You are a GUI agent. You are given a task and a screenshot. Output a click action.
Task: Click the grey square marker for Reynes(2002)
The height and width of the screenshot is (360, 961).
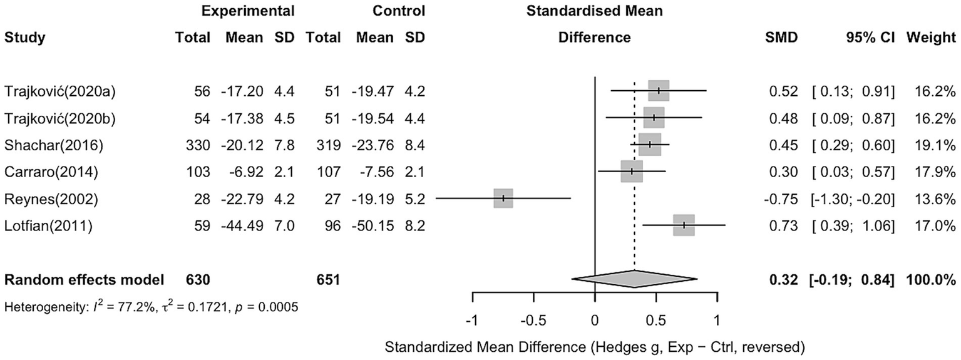[503, 198]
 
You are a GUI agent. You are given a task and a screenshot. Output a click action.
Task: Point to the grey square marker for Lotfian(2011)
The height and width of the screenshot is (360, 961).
[684, 225]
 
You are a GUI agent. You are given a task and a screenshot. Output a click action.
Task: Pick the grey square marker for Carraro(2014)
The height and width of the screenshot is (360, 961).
[632, 171]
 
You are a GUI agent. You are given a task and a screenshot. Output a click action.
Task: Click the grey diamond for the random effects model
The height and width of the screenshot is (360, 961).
[634, 279]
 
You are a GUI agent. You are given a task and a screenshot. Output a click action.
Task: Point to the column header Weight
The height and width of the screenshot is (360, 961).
[931, 38]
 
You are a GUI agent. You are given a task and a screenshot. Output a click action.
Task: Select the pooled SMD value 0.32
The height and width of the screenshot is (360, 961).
[786, 279]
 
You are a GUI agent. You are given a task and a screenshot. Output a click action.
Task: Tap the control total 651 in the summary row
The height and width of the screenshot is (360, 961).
[328, 279]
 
